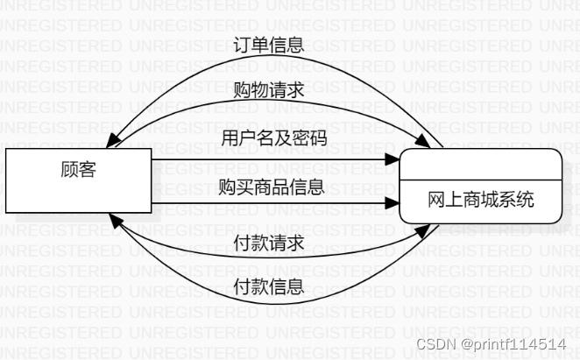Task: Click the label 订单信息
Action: (269, 46)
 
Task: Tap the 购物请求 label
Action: (269, 90)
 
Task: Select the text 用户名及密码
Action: (273, 138)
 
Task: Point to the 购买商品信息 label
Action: (272, 186)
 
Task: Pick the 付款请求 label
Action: (269, 242)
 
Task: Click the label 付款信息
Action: (269, 286)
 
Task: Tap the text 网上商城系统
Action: (480, 200)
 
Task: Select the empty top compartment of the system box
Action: (480, 164)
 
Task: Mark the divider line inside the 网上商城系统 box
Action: (480, 179)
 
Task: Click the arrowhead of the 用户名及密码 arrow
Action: (393, 160)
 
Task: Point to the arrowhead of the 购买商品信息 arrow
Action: (393, 206)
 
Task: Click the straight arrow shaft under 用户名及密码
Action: (263, 160)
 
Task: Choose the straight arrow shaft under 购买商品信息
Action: (263, 206)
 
